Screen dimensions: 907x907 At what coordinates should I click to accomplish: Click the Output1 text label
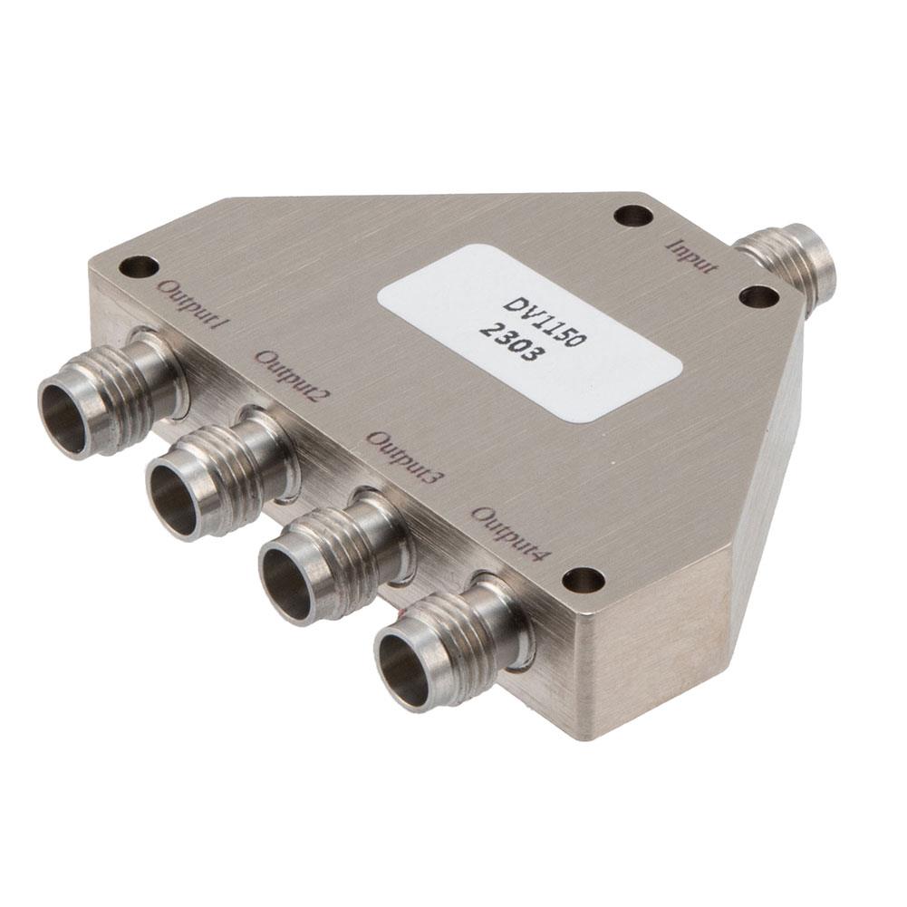[x=189, y=307]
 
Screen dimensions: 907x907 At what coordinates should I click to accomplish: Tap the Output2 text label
[x=293, y=374]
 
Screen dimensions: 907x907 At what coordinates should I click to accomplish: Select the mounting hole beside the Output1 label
[x=139, y=266]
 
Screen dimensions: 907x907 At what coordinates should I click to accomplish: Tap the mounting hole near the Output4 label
[x=583, y=580]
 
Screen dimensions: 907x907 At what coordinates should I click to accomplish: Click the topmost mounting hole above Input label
[x=632, y=216]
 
